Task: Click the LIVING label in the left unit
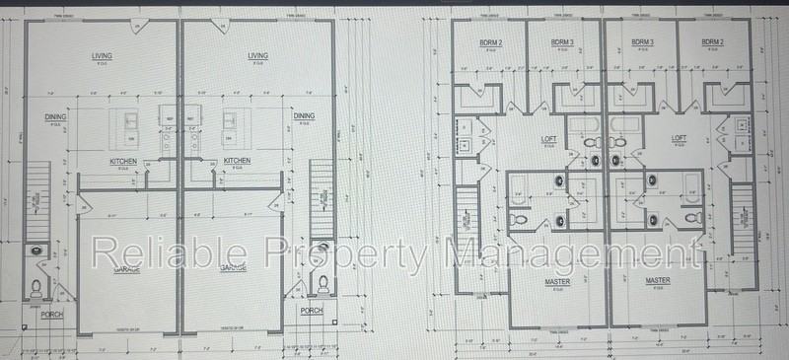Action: coord(101,56)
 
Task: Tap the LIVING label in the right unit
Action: coord(258,56)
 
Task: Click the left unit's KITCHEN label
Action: coord(123,161)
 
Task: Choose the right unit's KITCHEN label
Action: coord(237,161)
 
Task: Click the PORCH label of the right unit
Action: coord(312,310)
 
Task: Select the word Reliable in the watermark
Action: coord(147,253)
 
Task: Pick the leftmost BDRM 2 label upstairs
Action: coord(490,42)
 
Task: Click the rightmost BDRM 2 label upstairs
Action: coord(713,42)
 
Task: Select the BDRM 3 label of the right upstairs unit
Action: coord(643,42)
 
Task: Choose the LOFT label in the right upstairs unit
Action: coord(679,138)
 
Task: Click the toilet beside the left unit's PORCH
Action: coord(36,288)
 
